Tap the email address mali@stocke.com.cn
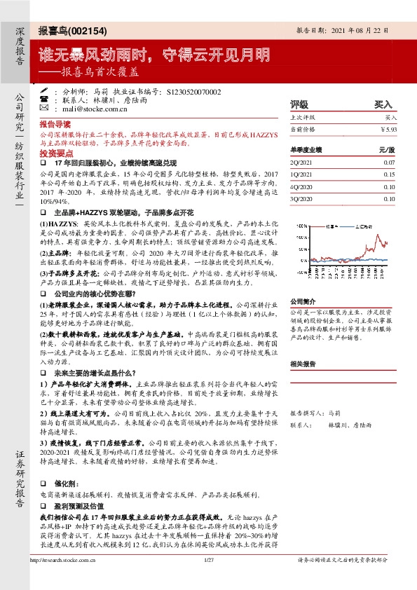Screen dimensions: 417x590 [x=98, y=109]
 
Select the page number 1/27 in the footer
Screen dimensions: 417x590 [x=208, y=579]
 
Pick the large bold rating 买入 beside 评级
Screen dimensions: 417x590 [x=383, y=104]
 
